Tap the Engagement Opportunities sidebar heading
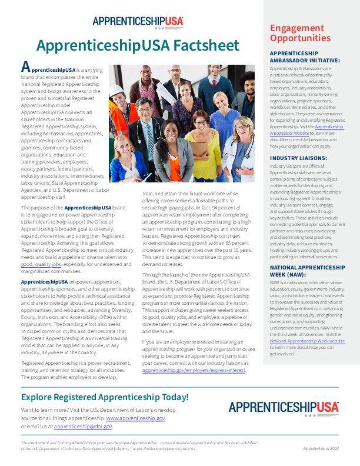click(300, 33)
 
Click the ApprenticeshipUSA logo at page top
click(138, 22)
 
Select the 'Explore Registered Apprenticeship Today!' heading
click(104, 397)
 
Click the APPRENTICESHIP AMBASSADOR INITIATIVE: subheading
click(304, 56)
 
